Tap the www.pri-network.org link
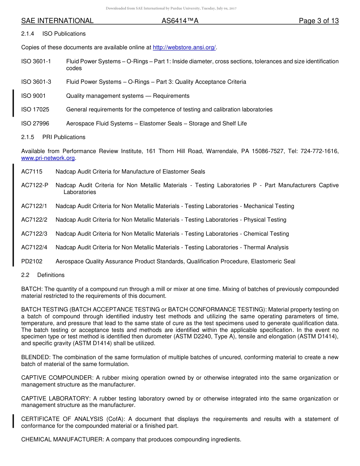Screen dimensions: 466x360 [48, 158]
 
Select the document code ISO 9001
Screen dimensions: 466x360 [33, 96]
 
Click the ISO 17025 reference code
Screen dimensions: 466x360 [35, 109]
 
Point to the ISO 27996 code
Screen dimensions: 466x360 [35, 124]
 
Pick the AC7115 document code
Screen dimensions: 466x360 [32, 172]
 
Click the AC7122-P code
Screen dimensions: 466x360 [35, 185]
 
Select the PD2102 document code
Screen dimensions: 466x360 [32, 261]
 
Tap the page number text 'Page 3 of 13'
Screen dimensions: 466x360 [319, 21]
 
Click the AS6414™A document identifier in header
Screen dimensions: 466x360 [180, 21]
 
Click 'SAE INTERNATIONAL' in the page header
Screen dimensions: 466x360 [57, 21]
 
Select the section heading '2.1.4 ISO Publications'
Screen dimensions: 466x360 [53, 34]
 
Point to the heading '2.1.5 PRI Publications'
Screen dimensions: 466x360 [53, 137]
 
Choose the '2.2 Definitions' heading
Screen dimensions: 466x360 [43, 275]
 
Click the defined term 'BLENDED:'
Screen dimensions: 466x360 [36, 357]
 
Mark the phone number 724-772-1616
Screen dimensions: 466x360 [319, 151]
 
